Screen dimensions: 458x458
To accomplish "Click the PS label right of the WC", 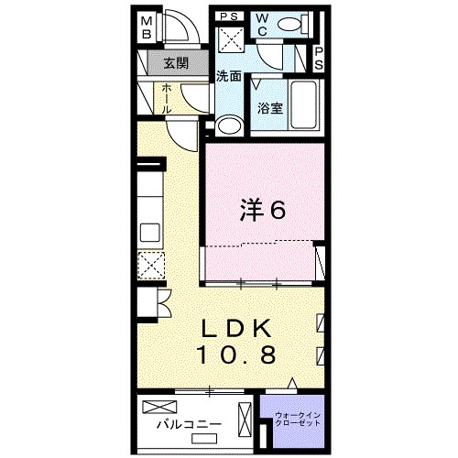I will coord(318,60).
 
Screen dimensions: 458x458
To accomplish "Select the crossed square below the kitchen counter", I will coord(149,267).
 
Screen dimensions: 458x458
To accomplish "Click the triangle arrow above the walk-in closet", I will coord(292,383).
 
